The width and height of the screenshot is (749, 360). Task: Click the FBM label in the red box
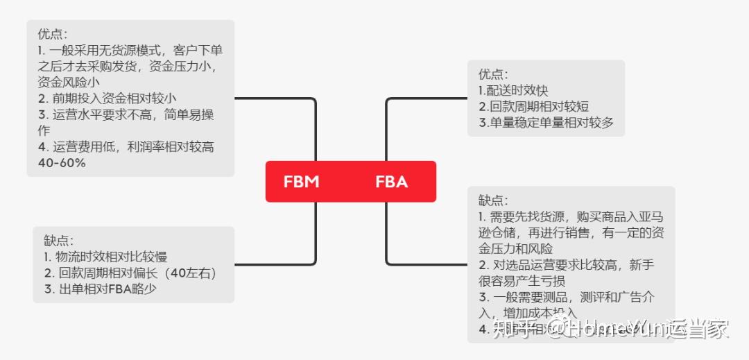coord(301,182)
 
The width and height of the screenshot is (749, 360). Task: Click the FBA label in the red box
coord(391,182)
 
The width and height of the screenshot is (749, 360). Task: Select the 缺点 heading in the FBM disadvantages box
coord(59,241)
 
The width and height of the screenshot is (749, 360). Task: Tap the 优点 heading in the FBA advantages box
coord(492,74)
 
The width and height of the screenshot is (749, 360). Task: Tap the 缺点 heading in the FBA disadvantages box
coord(492,200)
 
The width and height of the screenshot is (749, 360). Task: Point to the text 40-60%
coord(62,163)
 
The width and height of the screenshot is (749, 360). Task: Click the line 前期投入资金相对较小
coord(112,98)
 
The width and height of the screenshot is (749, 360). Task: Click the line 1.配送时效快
coord(513,91)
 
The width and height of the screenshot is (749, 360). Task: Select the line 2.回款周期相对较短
coord(534,107)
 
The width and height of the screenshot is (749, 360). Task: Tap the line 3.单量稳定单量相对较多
coord(546,123)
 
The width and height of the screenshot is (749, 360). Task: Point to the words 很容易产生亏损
coord(522,281)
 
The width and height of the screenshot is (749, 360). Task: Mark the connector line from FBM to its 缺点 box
coord(316,236)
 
